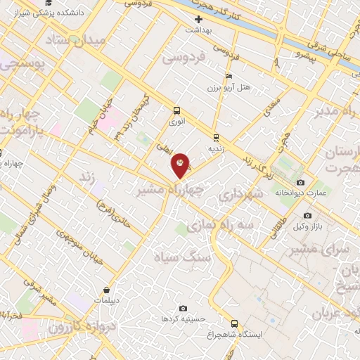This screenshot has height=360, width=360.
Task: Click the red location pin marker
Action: pyautogui.click(x=181, y=165)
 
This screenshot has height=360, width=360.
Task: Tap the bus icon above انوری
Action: pyautogui.click(x=176, y=110)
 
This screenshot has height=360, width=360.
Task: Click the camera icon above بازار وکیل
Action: pyautogui.click(x=307, y=215)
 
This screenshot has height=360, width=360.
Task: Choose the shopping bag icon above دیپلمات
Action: pyautogui.click(x=105, y=289)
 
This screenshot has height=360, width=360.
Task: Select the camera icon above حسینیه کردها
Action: pyautogui.click(x=184, y=308)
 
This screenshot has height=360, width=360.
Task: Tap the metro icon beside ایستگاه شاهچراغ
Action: pyautogui.click(x=234, y=325)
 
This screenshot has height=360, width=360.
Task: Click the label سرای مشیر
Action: pyautogui.click(x=326, y=250)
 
